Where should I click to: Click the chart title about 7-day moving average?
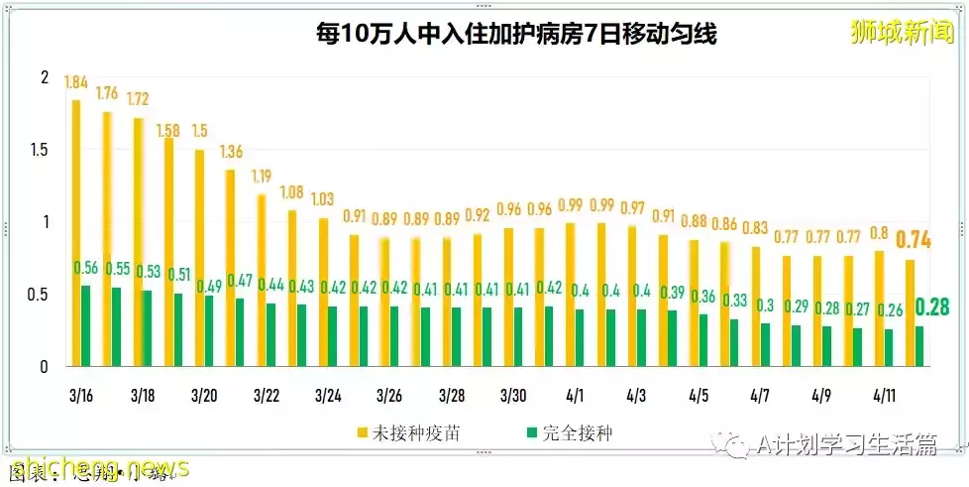tap(515, 35)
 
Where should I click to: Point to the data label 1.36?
tap(231, 152)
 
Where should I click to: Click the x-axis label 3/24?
tap(328, 396)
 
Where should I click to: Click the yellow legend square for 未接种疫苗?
tap(362, 433)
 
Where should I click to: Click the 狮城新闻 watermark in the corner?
tap(901, 33)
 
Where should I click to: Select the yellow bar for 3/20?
tap(199, 258)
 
